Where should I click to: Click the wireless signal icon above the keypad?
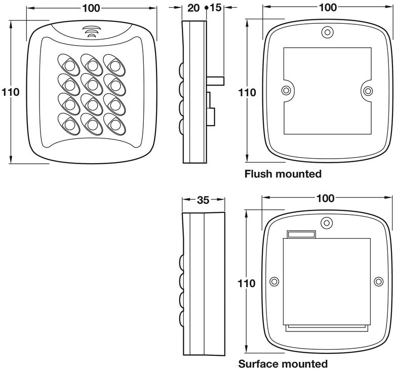(91, 32)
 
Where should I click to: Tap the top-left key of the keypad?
(68, 65)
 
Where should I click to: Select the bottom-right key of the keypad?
(114, 123)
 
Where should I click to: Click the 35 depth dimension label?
(203, 200)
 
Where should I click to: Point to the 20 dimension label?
(193, 8)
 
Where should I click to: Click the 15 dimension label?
(215, 8)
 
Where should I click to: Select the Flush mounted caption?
(283, 174)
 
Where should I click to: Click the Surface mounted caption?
(283, 363)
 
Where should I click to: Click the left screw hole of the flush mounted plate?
(286, 91)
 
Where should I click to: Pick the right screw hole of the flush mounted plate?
(369, 91)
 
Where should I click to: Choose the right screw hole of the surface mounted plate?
(378, 281)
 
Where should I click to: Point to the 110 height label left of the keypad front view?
(10, 92)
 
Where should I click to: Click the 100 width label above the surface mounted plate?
(325, 198)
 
